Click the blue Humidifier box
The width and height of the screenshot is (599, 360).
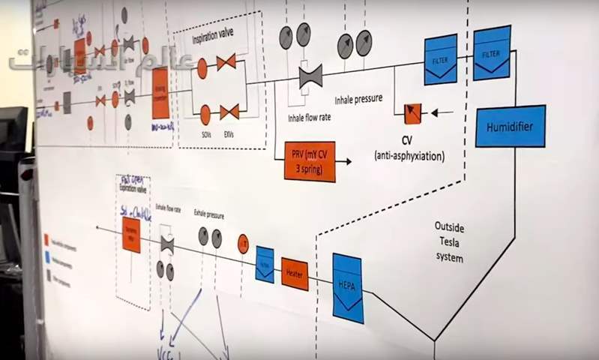pyautogui.click(x=510, y=126)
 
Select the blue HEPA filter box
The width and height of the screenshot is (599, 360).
pyautogui.click(x=347, y=288)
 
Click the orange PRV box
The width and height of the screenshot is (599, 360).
pyautogui.click(x=309, y=160)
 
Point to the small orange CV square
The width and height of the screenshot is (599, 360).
pyautogui.click(x=412, y=113)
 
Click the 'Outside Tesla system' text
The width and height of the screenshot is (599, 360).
pyautogui.click(x=449, y=241)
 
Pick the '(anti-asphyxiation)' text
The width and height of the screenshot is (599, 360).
pyautogui.click(x=409, y=156)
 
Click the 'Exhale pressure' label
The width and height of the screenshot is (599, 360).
pyautogui.click(x=210, y=213)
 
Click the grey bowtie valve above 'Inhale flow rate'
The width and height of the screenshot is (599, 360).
pyautogui.click(x=310, y=75)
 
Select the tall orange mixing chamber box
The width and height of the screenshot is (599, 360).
pyautogui.click(x=160, y=93)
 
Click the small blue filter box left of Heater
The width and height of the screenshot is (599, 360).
pyautogui.click(x=264, y=263)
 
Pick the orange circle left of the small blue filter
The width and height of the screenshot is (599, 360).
pyautogui.click(x=243, y=244)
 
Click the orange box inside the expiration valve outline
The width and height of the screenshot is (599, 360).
pyautogui.click(x=130, y=234)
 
